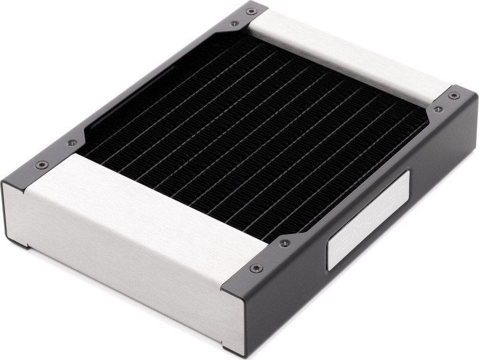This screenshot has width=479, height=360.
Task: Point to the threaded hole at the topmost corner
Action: [235, 23]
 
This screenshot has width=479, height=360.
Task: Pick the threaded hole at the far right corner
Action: [438, 109]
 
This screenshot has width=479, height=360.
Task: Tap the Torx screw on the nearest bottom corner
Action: [256, 268]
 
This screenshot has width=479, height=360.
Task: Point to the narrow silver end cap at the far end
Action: [349, 55]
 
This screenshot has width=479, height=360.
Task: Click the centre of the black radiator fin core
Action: [256, 136]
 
